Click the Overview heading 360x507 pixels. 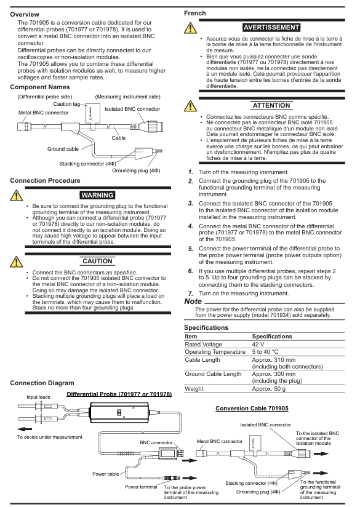[x=25, y=15]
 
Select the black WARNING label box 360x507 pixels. [x=97, y=195]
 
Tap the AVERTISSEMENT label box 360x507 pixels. [x=271, y=28]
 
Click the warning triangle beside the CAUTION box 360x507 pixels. [x=16, y=261]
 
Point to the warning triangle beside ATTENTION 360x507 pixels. [x=190, y=106]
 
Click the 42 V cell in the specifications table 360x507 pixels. [x=258, y=345]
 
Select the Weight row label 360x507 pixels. [x=194, y=389]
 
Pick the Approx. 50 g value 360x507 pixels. [x=269, y=389]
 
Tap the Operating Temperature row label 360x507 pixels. [x=215, y=352]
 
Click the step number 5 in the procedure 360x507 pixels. [x=191, y=249]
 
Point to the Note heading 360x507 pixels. [x=193, y=301]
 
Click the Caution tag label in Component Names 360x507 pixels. [x=66, y=104]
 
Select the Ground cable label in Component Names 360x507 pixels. [x=63, y=149]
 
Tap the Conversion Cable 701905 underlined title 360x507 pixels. [x=252, y=409]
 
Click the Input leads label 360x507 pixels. [x=39, y=397]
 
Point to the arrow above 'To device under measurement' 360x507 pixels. [x=25, y=429]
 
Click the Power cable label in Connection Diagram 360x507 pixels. [x=106, y=474]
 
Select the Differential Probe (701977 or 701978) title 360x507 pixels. [x=119, y=394]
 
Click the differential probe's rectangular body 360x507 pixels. [x=119, y=413]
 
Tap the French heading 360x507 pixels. [x=194, y=14]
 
